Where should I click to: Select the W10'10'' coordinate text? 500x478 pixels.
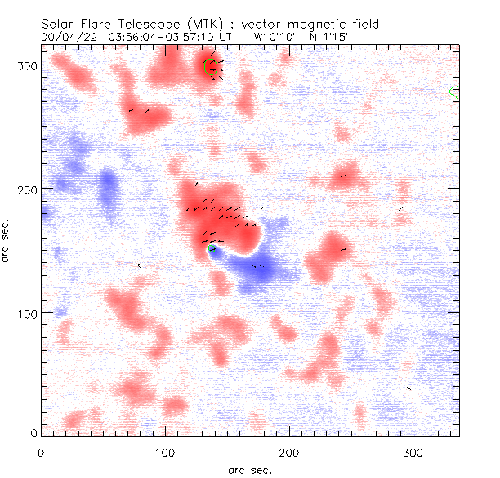(275, 38)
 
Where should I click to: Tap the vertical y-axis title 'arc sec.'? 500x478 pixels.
(7, 241)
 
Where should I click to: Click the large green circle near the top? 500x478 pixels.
(210, 67)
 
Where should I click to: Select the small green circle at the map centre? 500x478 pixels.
(212, 249)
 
